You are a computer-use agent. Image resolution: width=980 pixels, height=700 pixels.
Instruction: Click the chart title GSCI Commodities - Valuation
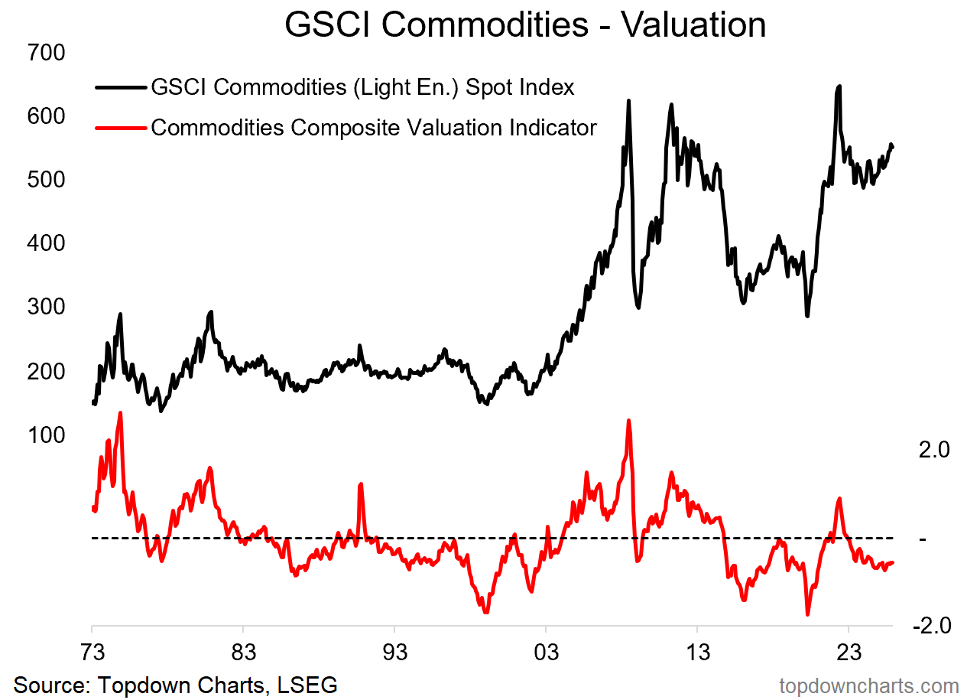(525, 24)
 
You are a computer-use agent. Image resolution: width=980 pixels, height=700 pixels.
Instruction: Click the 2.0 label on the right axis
(933, 450)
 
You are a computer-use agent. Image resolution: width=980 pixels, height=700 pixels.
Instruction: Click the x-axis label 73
(92, 655)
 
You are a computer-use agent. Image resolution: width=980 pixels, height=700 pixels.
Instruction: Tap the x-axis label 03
(545, 655)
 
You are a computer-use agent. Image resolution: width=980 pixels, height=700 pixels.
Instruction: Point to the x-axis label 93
(394, 655)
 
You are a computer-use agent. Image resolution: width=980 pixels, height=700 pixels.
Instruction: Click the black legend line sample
(121, 88)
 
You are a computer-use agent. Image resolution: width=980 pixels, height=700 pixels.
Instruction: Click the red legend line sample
(121, 128)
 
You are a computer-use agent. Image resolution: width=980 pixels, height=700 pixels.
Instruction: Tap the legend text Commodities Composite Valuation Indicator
(373, 127)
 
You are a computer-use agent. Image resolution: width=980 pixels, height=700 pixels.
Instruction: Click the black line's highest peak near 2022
(839, 86)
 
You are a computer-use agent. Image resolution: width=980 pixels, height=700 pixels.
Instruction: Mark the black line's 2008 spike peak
(628, 101)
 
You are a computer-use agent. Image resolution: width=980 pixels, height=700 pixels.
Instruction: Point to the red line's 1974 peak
(120, 413)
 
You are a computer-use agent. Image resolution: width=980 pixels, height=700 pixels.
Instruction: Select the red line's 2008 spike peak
(628, 421)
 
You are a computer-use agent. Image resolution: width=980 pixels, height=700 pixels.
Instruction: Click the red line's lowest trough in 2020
(807, 614)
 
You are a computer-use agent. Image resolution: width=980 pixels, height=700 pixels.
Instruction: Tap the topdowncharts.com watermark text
(868, 685)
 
